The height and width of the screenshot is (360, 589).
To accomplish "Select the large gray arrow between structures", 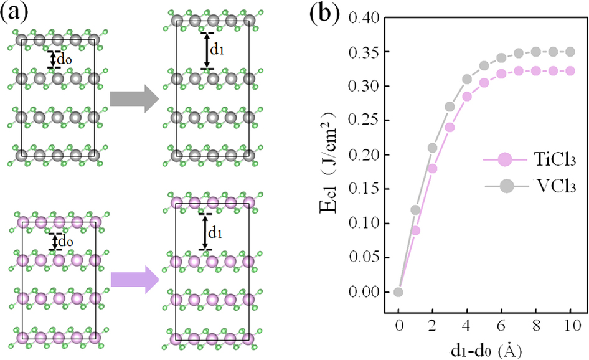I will (x=131, y=99).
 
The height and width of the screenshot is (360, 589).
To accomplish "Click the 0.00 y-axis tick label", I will (x=364, y=292).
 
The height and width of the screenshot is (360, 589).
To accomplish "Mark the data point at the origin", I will (x=398, y=291).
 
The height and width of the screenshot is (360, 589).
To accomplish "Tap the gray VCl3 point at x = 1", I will (x=416, y=210).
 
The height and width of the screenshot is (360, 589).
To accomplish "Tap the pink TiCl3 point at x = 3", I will (x=450, y=127).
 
